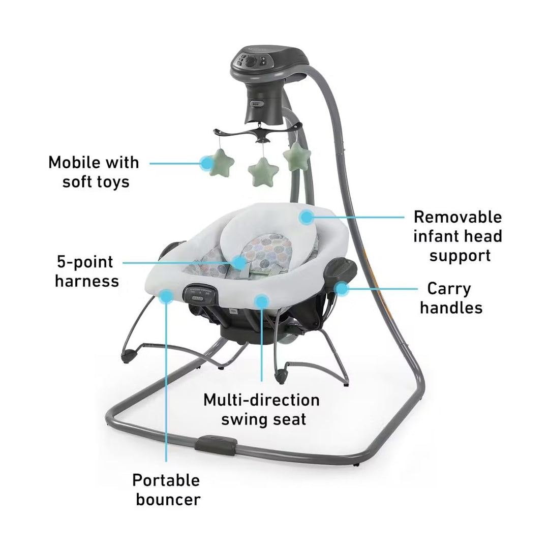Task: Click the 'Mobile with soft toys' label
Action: [93, 172]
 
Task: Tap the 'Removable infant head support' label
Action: [457, 236]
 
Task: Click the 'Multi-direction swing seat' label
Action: [261, 409]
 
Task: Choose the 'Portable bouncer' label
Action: [166, 490]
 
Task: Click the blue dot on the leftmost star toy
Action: [206, 163]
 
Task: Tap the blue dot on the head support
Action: [306, 218]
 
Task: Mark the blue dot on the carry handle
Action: [342, 289]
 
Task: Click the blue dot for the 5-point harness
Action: [239, 262]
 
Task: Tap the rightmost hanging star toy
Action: [296, 156]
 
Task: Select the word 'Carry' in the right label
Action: [449, 288]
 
